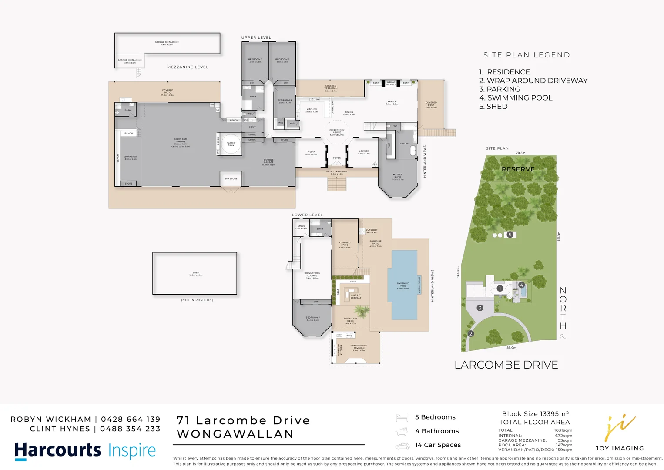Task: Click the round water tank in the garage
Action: [231, 144]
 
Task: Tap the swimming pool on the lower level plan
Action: [404, 285]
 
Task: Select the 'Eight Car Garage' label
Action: [181, 142]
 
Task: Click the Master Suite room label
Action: [398, 177]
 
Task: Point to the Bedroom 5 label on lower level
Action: [312, 319]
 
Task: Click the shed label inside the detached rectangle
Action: [196, 274]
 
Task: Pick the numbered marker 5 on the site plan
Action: [510, 235]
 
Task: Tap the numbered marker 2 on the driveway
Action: [471, 334]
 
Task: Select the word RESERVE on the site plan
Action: [518, 169]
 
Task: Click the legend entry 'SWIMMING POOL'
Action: [516, 98]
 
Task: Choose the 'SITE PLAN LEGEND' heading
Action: [527, 55]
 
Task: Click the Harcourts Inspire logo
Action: [85, 450]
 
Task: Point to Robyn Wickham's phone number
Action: [131, 419]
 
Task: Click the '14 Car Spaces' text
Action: [438, 445]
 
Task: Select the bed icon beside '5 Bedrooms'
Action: [402, 418]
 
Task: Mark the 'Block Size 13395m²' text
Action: [535, 414]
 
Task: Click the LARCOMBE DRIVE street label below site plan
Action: [506, 365]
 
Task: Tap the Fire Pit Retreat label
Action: [355, 296]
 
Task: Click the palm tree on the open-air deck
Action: [361, 311]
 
